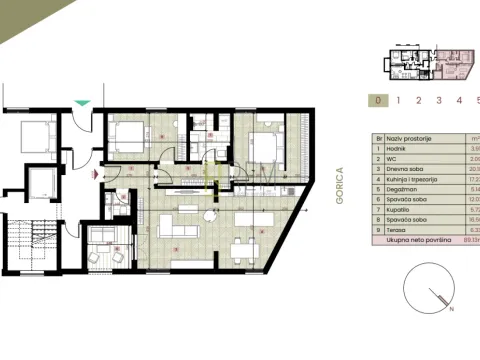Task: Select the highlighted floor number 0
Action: pyautogui.click(x=376, y=100)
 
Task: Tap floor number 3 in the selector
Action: pyautogui.click(x=438, y=100)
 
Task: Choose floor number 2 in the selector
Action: pyautogui.click(x=418, y=100)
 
